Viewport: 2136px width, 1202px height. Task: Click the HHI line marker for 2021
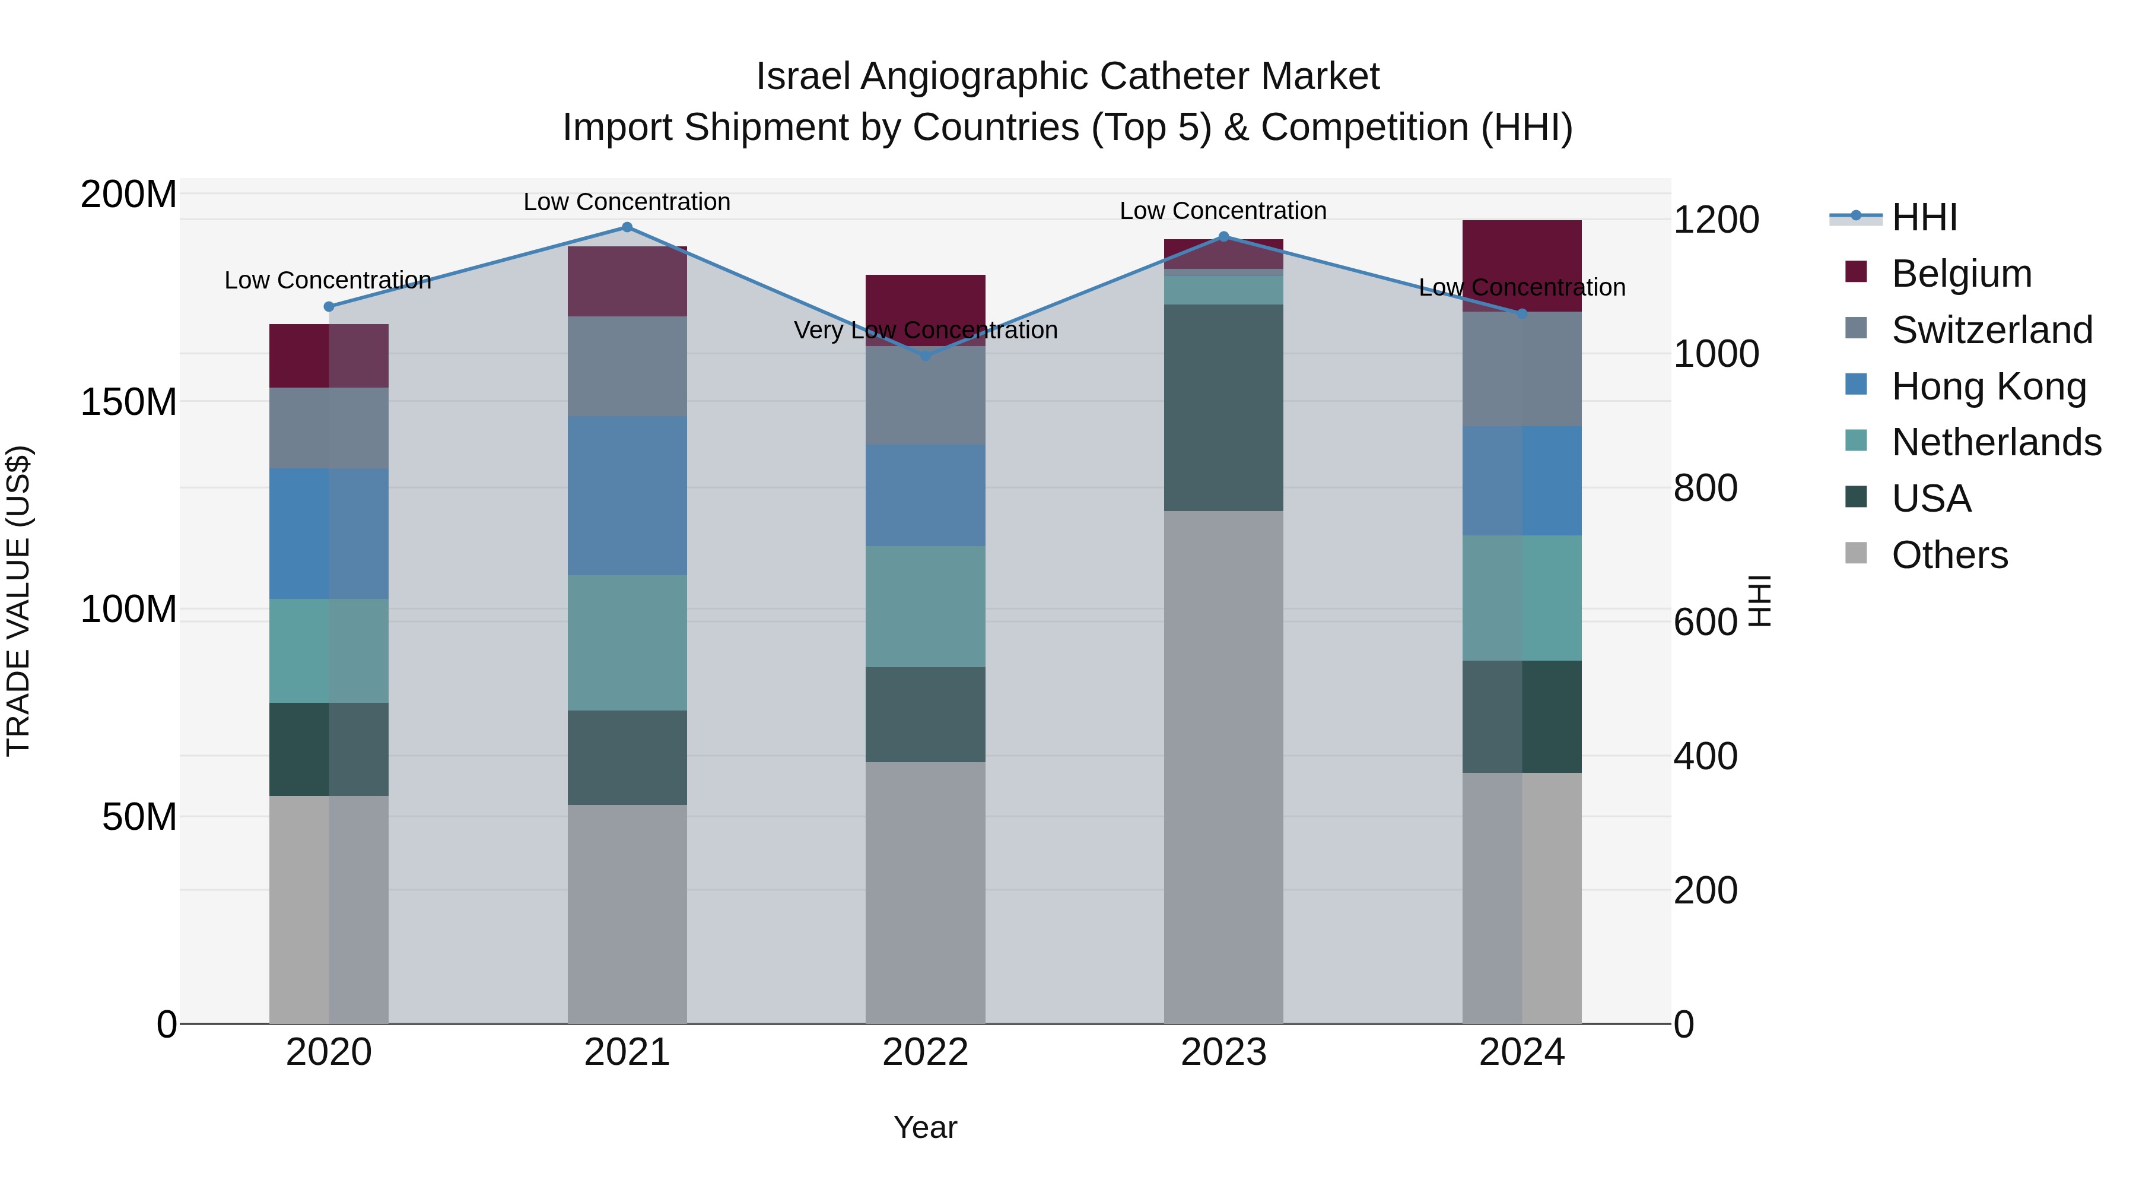627,227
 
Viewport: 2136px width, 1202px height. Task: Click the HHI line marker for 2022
926,356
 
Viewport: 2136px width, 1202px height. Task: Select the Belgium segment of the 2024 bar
1521,265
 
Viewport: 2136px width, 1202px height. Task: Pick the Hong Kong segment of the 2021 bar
627,495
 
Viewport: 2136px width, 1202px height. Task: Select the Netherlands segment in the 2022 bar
926,607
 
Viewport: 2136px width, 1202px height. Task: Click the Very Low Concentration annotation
926,330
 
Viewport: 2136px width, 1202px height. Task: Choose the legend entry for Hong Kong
1988,386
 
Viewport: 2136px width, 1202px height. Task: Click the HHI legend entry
1924,217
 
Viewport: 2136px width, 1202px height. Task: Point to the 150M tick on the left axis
129,402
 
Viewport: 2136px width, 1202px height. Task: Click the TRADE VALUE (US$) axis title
18,601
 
